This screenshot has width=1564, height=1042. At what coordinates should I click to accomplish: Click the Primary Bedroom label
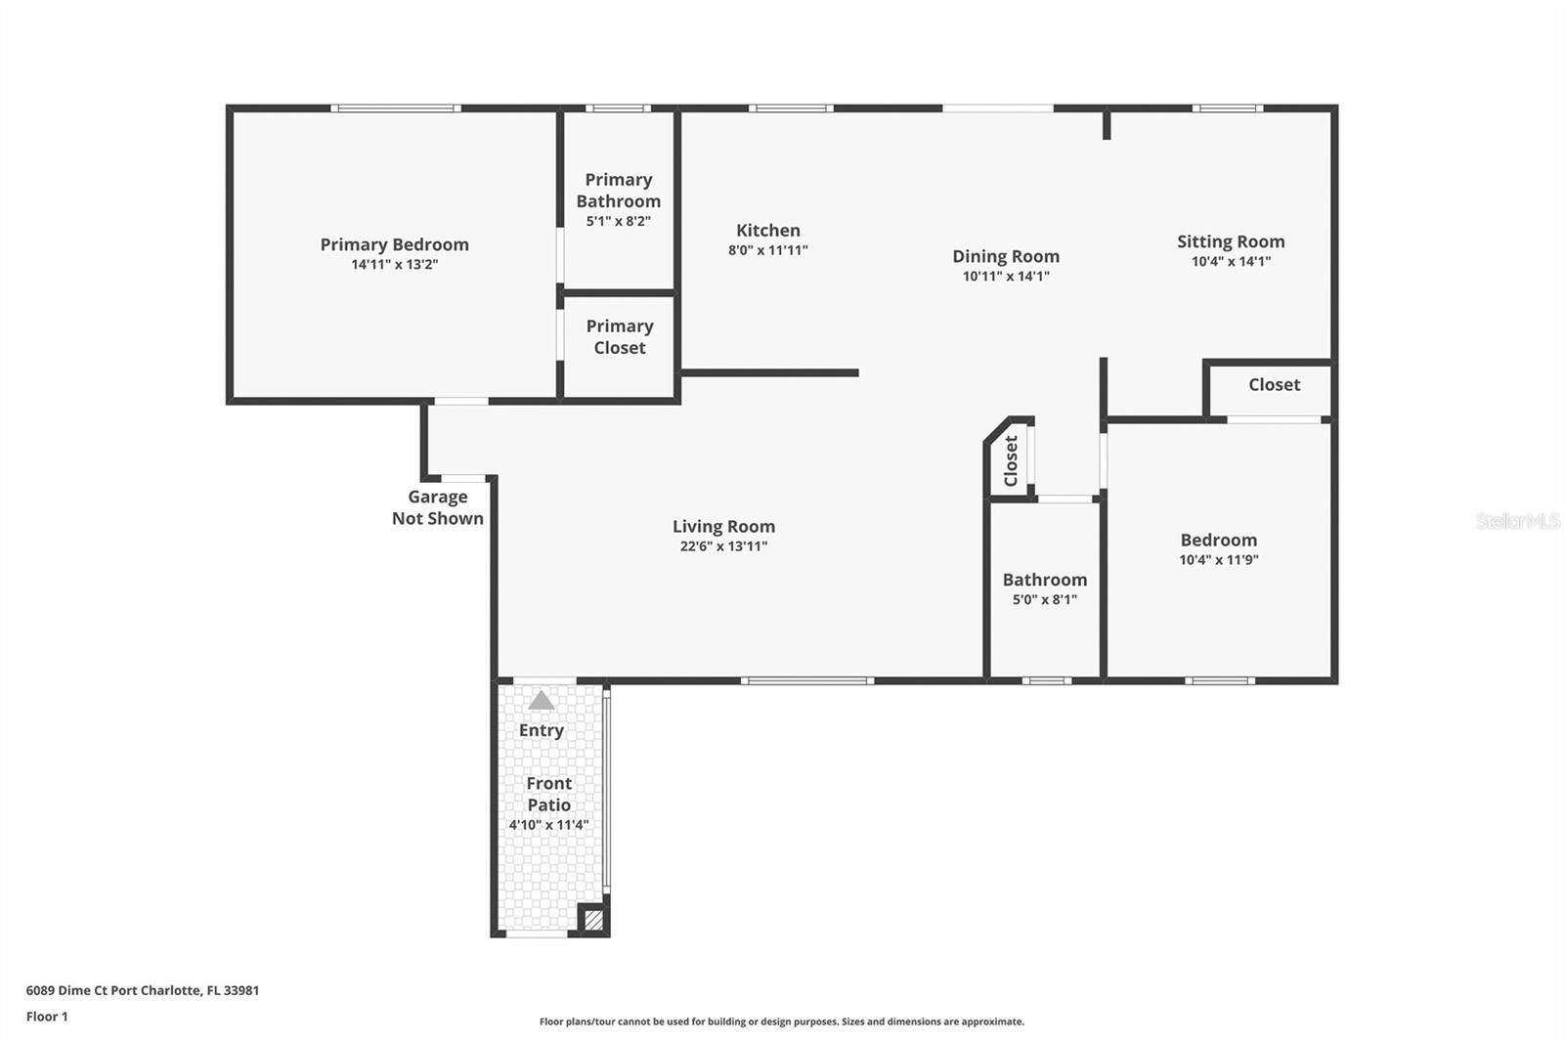(395, 244)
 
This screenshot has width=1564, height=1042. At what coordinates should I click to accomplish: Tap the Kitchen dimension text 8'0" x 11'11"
(768, 250)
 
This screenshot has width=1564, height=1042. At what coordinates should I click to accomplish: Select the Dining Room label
(1006, 256)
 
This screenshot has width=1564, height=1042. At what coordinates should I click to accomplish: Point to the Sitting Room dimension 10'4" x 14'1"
(1231, 261)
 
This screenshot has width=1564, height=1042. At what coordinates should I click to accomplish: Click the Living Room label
(723, 527)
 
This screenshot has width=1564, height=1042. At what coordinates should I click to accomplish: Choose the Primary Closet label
(620, 336)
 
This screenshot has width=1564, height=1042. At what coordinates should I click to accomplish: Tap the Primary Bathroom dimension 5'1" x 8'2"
(618, 221)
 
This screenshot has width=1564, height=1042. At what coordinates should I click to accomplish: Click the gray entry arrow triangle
(542, 701)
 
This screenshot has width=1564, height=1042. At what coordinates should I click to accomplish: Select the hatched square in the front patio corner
(593, 919)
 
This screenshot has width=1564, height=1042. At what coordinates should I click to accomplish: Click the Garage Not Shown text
(437, 507)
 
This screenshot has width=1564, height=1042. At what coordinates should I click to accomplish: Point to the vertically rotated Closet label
(1011, 461)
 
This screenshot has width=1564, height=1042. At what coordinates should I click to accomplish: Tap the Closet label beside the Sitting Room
(1275, 385)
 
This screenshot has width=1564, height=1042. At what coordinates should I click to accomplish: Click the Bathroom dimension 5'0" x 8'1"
(1045, 599)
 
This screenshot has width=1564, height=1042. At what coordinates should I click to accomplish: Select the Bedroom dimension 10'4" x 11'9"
(1219, 559)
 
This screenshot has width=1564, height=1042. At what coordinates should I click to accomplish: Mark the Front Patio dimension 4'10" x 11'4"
(548, 825)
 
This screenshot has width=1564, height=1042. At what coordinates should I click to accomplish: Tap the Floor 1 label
(47, 1017)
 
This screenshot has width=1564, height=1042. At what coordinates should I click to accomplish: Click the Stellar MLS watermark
(1517, 520)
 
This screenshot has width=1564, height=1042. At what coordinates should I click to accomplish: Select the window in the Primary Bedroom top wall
(396, 109)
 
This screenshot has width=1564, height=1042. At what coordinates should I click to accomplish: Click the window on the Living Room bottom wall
(807, 681)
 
